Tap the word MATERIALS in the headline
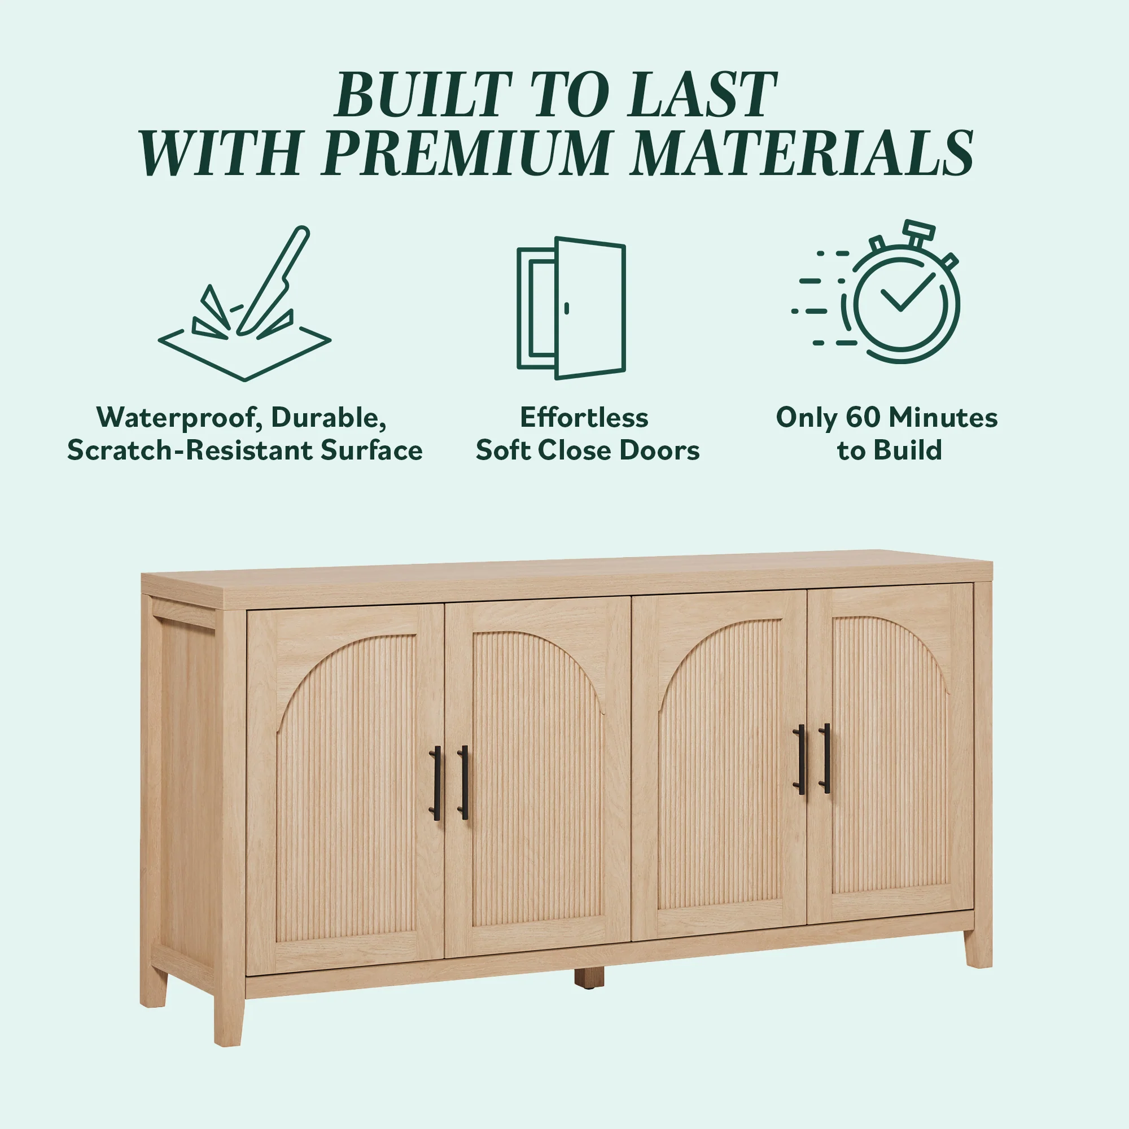pos(803,152)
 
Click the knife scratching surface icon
pos(245,304)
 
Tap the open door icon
pos(571,308)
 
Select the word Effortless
pos(584,417)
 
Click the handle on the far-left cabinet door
pos(436,783)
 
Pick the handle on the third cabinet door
pos(800,759)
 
